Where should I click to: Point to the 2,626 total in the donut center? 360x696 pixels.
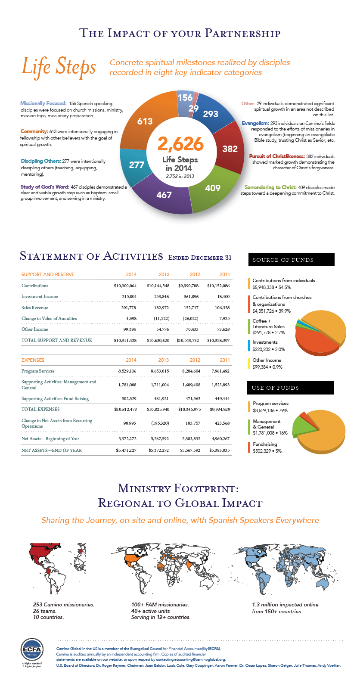pos(180,144)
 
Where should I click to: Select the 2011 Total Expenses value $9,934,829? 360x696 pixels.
pos(220,410)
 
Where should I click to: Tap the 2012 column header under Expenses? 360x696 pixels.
pos(195,360)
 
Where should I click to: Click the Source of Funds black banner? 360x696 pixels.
pos(291,260)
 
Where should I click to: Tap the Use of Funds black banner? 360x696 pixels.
pos(290,388)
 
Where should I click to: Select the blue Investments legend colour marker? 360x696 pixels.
pos(249,345)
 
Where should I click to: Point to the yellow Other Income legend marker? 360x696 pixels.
pos(249,364)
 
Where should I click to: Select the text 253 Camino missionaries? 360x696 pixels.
pos(63,605)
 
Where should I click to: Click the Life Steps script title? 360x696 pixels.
pos(59,67)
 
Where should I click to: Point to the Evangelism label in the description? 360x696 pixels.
pos(255,123)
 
